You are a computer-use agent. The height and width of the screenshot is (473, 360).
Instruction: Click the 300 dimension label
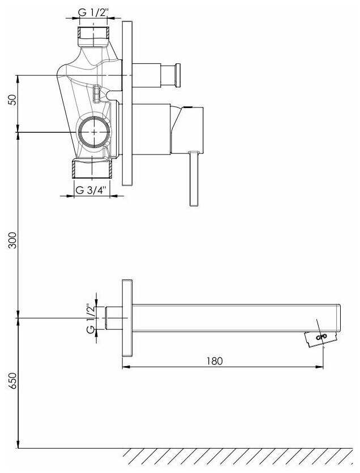point(12,240)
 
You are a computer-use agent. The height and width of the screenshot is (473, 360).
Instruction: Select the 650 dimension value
point(12,381)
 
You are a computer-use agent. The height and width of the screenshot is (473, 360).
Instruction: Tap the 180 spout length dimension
point(215,361)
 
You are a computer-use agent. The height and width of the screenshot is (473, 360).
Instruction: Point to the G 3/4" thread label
point(91,190)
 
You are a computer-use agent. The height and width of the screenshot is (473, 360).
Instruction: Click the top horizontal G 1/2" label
point(93,12)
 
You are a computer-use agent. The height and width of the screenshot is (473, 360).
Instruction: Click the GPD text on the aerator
point(321,337)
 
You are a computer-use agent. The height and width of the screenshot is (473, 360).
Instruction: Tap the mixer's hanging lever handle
point(194,179)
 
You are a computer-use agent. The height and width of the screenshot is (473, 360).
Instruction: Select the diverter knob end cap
point(178,75)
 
